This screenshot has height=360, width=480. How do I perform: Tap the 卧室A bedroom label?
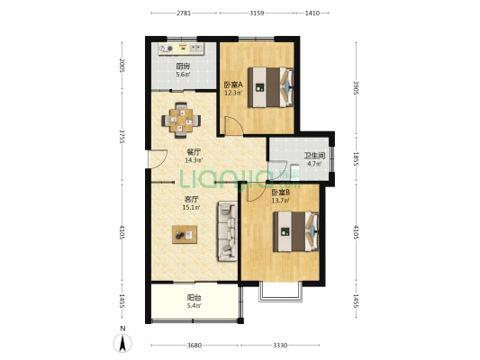[233, 85]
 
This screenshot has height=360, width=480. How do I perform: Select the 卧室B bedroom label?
[281, 193]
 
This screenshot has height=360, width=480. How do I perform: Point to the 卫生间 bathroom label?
[314, 156]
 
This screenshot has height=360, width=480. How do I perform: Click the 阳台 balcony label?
[195, 297]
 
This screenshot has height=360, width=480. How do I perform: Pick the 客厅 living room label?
[191, 200]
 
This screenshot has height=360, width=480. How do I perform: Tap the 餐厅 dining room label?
[194, 152]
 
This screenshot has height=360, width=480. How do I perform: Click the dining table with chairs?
[182, 121]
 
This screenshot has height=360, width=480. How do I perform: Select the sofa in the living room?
[228, 231]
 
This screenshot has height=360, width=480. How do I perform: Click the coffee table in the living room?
[185, 235]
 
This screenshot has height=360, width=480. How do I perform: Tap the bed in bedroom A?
[270, 87]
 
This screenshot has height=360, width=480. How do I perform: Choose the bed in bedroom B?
[296, 231]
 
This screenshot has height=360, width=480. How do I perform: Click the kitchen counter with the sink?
[181, 49]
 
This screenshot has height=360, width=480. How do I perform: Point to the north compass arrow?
[122, 343]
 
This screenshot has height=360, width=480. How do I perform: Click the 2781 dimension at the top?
[184, 13]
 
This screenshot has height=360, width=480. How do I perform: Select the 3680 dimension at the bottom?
[195, 346]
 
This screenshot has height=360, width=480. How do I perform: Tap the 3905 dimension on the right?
[356, 88]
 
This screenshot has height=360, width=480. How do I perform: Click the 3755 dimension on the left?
[122, 137]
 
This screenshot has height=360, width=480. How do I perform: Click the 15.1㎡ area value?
[191, 208]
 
